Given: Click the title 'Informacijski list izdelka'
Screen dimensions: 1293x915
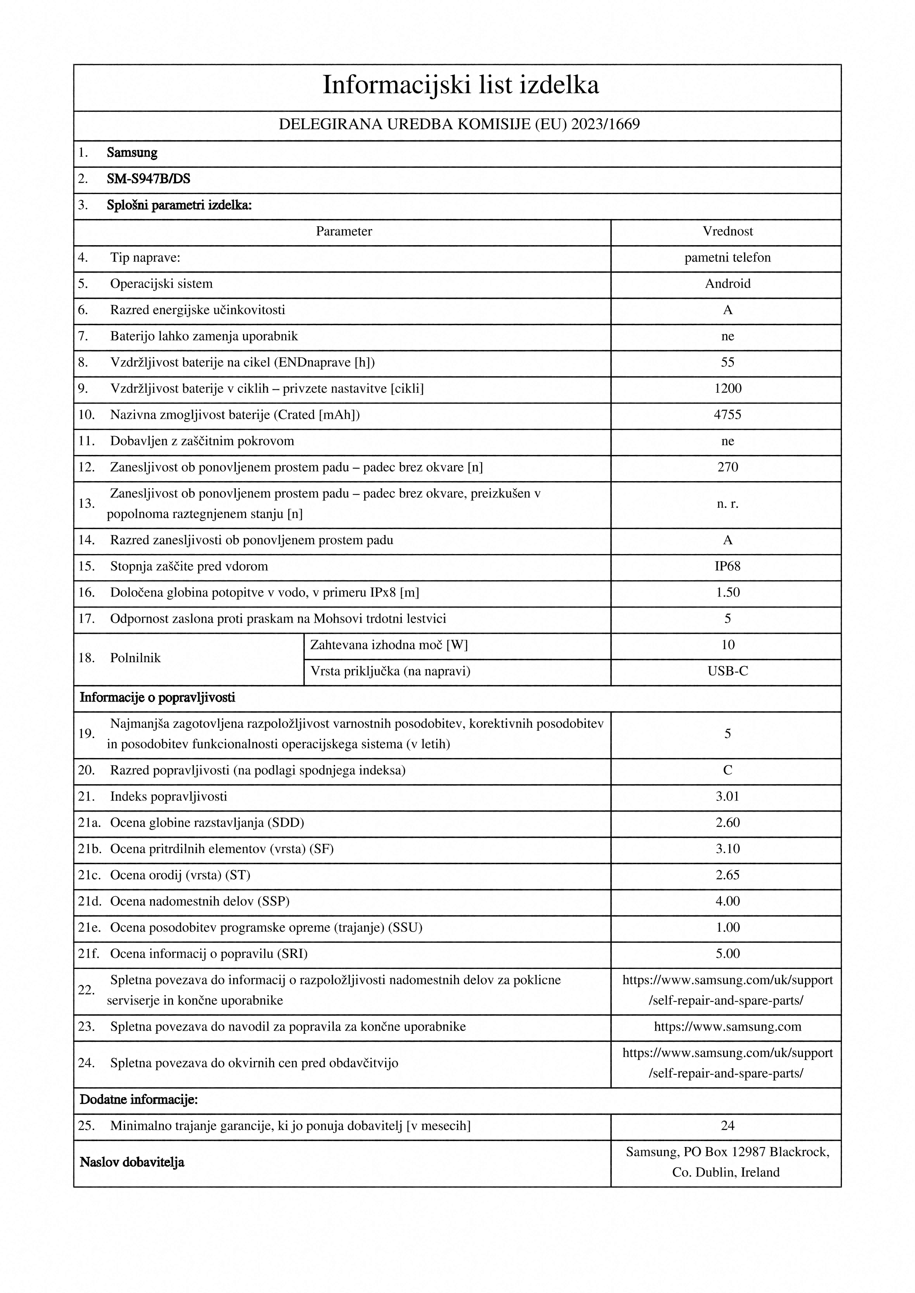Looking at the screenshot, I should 460,85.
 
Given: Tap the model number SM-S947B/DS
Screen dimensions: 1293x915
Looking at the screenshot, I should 148,179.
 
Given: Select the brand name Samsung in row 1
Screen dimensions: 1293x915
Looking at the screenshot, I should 132,153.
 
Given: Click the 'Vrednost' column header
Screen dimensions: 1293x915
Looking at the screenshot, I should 727,232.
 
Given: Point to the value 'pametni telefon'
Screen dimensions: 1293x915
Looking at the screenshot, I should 727,258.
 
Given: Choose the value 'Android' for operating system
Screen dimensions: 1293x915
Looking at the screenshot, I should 727,284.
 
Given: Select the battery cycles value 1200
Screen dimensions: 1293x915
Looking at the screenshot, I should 727,389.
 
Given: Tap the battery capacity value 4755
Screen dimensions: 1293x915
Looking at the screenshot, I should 727,415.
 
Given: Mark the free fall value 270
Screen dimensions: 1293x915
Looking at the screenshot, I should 727,468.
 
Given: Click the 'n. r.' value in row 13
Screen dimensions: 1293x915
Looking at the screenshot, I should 727,504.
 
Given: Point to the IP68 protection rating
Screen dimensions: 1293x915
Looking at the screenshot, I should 727,567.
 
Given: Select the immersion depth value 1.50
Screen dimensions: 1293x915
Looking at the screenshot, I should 727,592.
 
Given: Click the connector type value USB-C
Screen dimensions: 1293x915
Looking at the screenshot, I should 727,671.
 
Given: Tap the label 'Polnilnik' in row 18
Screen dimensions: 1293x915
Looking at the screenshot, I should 135,658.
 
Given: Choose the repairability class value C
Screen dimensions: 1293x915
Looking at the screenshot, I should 727,771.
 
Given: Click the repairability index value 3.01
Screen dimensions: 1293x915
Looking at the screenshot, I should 727,797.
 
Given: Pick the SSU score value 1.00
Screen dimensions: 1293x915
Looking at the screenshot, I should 727,928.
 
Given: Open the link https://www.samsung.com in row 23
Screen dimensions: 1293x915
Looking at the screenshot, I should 727,1027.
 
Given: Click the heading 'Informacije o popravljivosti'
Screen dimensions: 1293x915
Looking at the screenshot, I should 157,698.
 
